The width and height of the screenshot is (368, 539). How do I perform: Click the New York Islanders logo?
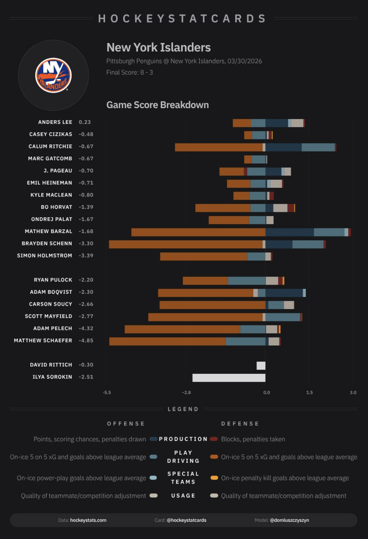(53, 75)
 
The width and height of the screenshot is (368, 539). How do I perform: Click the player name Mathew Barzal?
(48, 231)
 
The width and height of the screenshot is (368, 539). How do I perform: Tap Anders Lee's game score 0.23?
(85, 122)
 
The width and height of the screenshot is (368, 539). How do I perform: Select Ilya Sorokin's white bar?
(229, 378)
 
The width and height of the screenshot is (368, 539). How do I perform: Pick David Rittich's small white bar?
(261, 365)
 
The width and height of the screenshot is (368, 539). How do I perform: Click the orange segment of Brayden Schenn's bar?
(186, 244)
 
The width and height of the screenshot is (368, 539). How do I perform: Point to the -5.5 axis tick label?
(107, 392)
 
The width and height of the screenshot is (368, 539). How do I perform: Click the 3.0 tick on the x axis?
(353, 392)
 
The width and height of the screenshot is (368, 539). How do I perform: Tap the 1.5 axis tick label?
(309, 392)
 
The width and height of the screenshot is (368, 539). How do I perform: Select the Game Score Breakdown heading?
(157, 105)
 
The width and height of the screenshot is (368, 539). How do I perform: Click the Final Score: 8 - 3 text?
(130, 72)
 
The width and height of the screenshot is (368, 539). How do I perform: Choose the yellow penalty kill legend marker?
(214, 478)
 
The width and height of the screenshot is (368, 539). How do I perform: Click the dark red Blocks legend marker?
(214, 439)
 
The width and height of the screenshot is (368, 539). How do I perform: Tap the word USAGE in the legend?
(183, 495)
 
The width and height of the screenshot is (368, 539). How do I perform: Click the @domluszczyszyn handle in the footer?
(289, 520)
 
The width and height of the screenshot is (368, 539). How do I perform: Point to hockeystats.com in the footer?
(88, 520)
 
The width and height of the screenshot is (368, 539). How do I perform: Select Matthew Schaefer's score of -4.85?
(86, 340)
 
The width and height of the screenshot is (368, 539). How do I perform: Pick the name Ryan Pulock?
(53, 280)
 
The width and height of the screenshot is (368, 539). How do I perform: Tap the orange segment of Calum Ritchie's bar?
(219, 147)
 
